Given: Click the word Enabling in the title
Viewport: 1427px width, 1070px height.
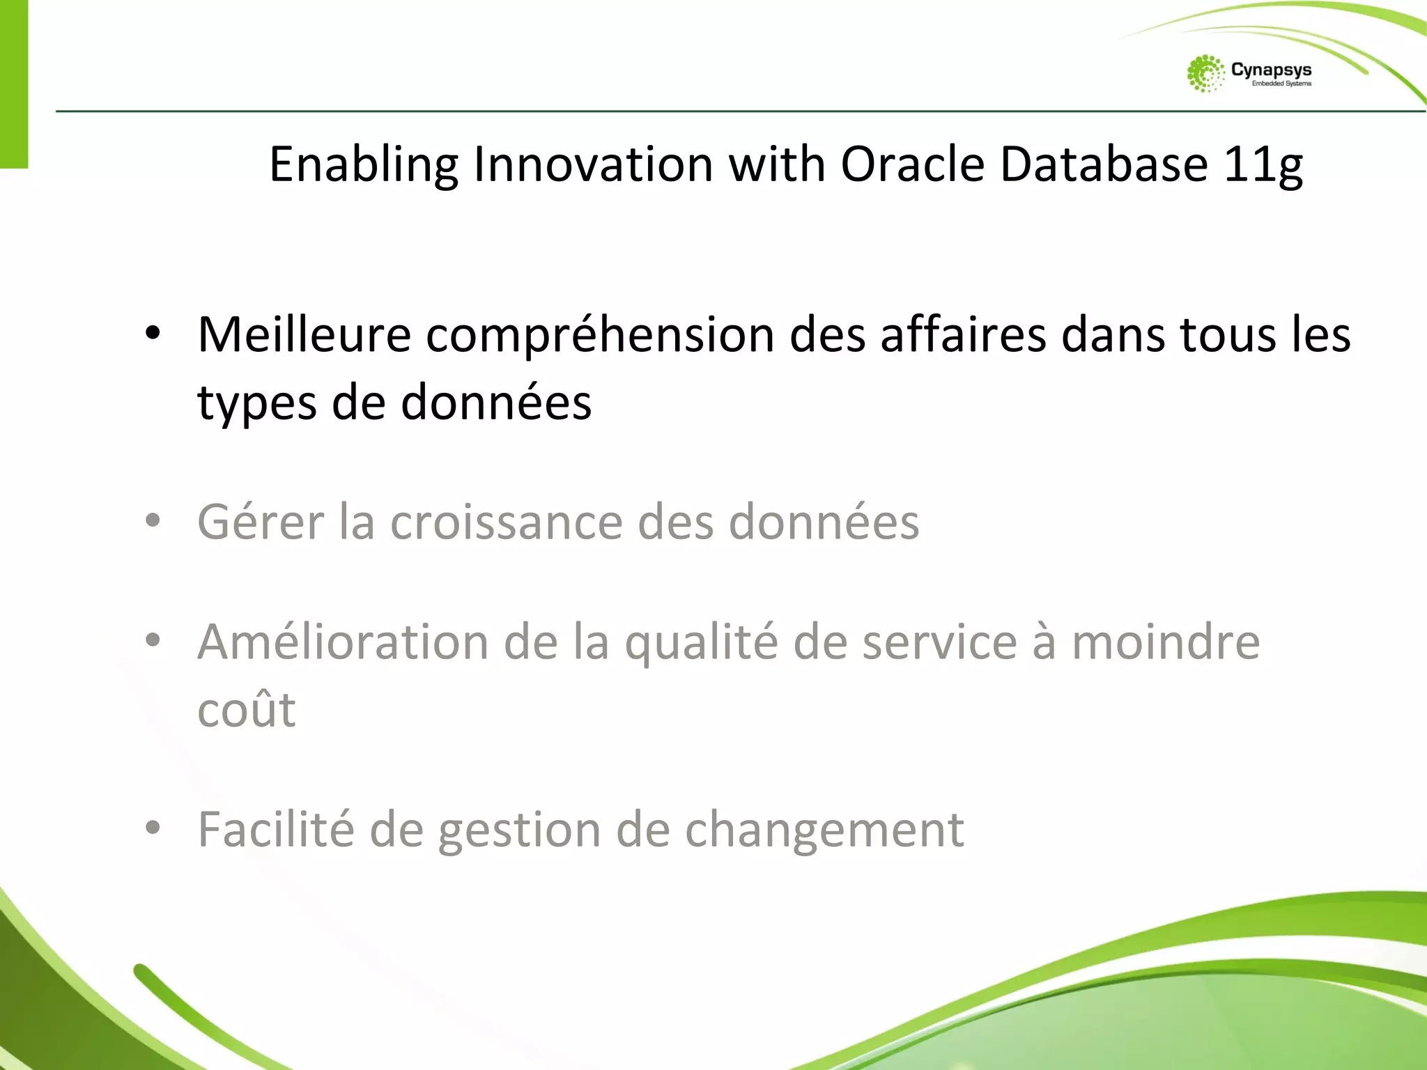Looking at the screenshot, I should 363,166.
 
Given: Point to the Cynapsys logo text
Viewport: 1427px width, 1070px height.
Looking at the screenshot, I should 1271,70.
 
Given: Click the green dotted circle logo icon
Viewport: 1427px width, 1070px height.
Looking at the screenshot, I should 1205,73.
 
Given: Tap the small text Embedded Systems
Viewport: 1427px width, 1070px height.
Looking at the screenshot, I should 1281,84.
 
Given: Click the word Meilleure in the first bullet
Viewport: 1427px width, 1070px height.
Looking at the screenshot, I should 304,335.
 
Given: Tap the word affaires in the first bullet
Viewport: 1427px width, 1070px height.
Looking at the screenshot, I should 963,335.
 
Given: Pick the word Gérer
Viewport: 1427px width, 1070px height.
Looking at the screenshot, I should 261,522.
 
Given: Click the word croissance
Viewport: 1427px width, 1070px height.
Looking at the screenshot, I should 507,522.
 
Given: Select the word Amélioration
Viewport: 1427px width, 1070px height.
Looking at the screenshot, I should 343,642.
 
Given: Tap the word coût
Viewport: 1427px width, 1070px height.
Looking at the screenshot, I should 247,710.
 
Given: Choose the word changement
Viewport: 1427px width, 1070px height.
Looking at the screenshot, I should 824,830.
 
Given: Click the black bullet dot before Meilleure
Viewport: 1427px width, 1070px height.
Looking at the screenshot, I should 153,334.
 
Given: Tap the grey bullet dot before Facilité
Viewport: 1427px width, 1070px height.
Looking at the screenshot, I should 153,828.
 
